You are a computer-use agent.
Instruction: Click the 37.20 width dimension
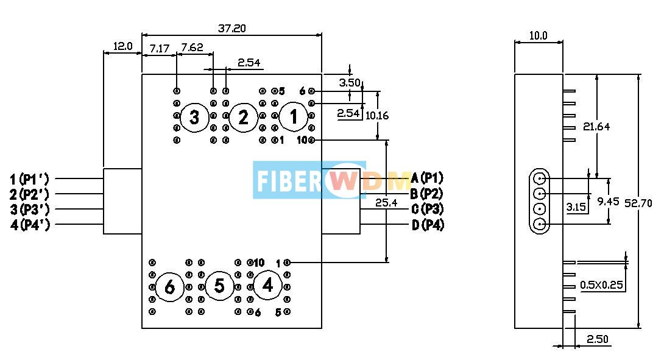click(231, 28)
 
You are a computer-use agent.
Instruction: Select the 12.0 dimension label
click(122, 46)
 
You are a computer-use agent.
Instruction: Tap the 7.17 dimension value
click(159, 48)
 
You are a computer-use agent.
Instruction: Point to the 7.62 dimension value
click(192, 48)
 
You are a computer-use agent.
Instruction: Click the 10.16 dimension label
click(376, 115)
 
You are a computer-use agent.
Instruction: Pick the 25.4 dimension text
click(386, 203)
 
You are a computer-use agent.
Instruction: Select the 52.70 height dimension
click(638, 203)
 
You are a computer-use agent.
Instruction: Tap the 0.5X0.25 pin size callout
click(602, 284)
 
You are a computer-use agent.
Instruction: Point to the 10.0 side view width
click(538, 36)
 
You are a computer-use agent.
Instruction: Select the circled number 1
click(294, 116)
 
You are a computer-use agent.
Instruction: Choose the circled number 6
click(169, 287)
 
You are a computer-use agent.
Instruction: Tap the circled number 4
click(267, 286)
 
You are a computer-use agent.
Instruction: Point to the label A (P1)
click(428, 178)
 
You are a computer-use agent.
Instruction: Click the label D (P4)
click(428, 225)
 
